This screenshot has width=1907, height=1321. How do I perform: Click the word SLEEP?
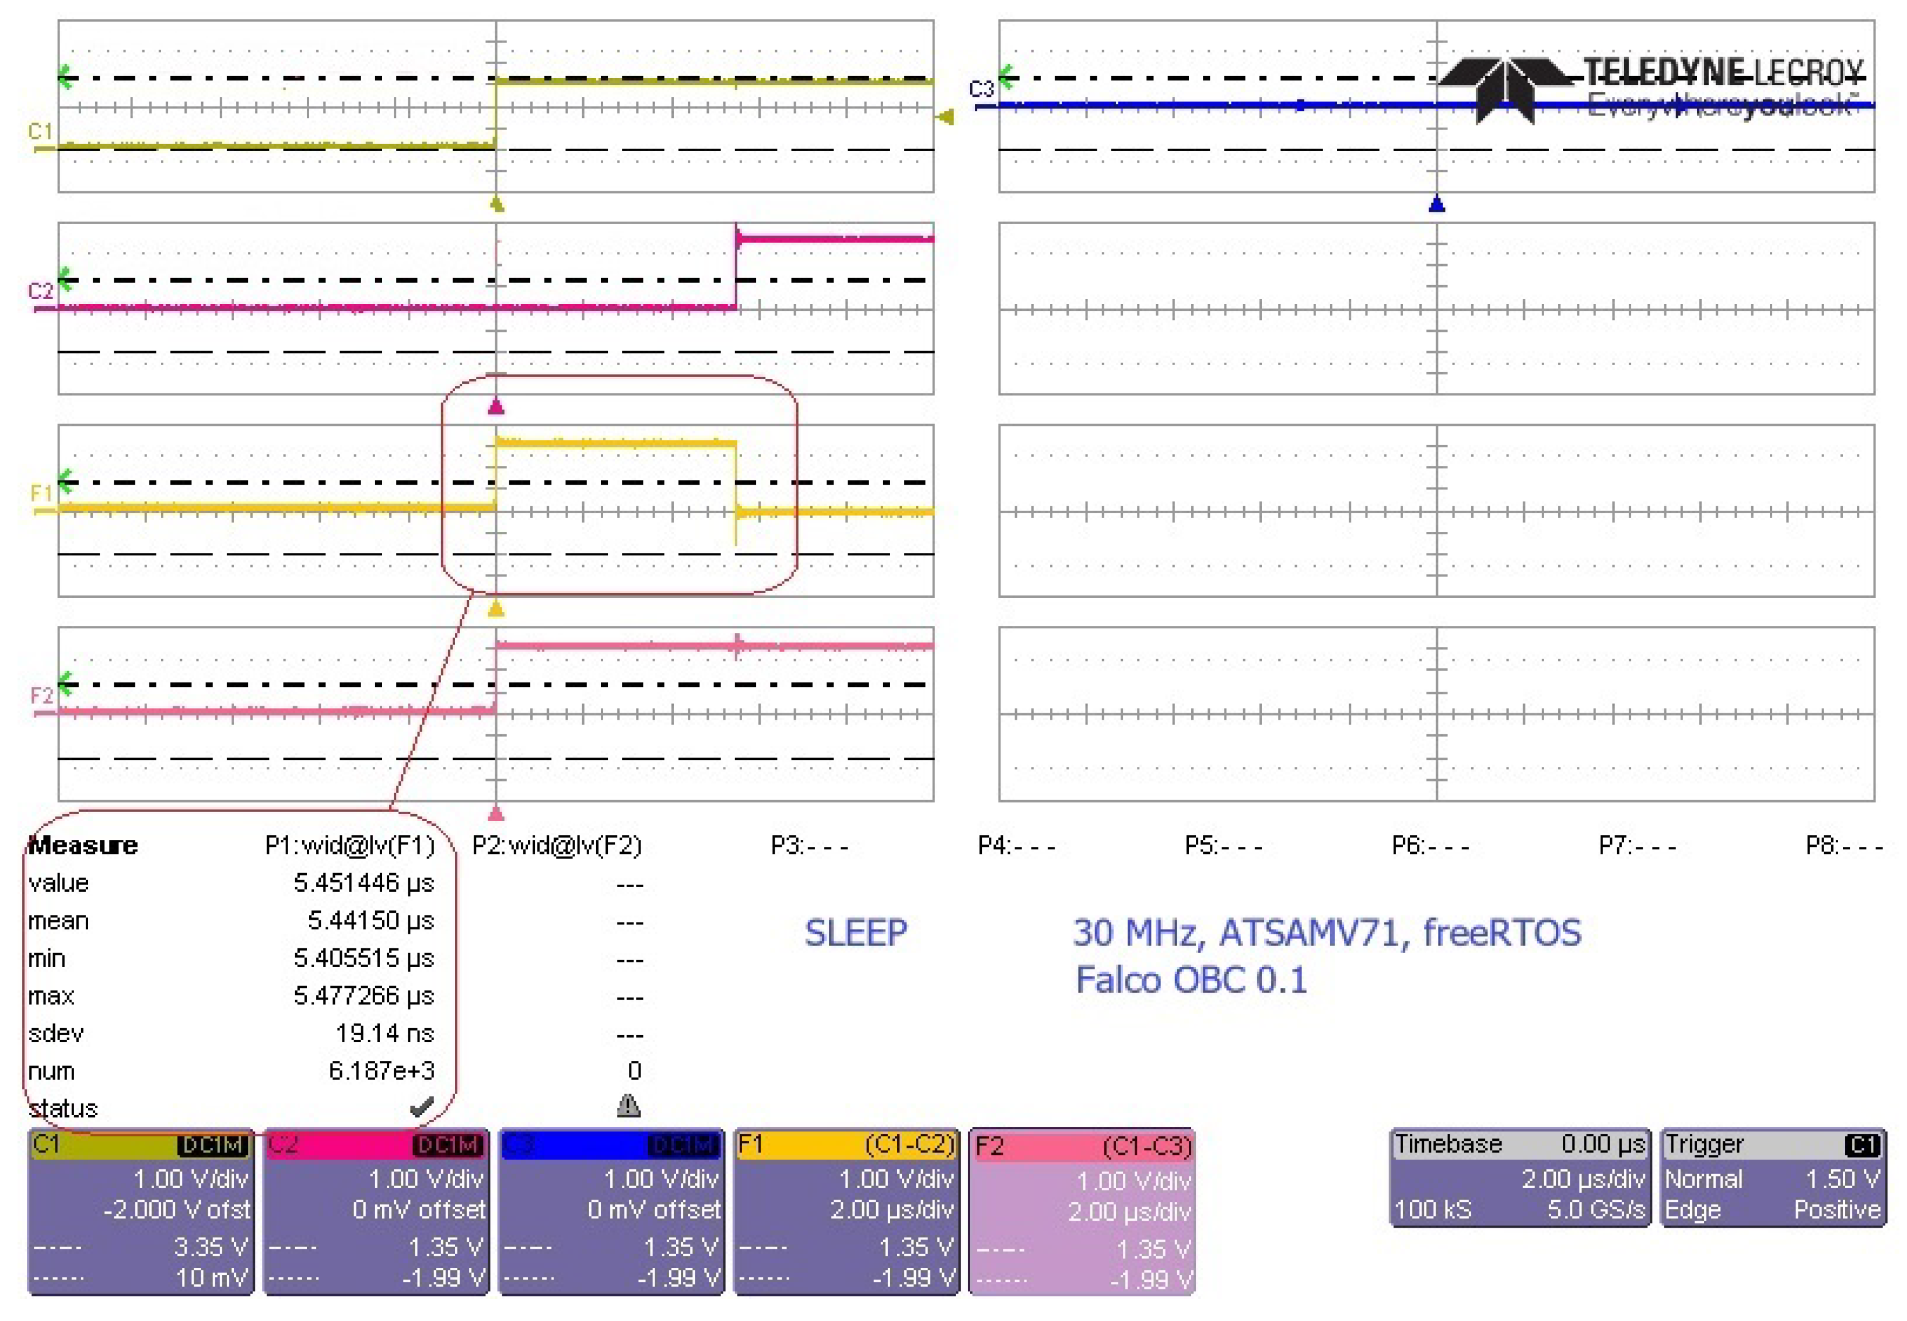click(x=856, y=933)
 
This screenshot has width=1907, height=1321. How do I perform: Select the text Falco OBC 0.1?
click(x=1191, y=980)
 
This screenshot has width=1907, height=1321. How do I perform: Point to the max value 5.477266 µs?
click(x=363, y=996)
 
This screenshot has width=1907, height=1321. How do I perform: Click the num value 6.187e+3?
click(x=381, y=1071)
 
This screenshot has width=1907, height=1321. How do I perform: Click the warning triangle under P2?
click(x=628, y=1106)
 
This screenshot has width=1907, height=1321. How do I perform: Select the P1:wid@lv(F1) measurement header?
click(x=349, y=845)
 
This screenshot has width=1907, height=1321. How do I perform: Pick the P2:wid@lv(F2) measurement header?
click(x=556, y=845)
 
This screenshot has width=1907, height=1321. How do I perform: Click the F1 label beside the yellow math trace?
click(x=41, y=493)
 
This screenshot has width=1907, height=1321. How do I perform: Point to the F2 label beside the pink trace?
click(x=41, y=695)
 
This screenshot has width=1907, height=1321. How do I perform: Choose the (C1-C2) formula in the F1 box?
click(x=909, y=1145)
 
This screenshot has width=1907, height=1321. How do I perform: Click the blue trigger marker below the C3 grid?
click(x=1437, y=204)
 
